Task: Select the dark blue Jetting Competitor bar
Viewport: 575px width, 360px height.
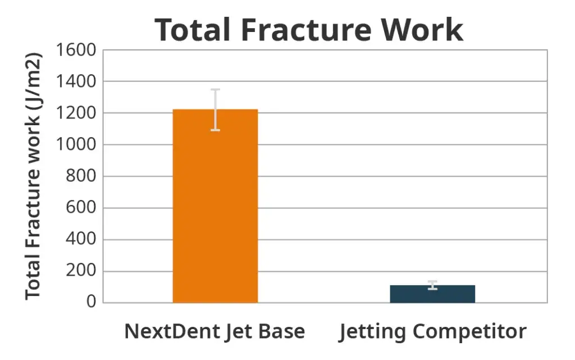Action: [x=432, y=294]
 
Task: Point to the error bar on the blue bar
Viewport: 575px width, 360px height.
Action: [x=432, y=285]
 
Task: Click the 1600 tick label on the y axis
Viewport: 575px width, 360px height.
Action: [x=76, y=51]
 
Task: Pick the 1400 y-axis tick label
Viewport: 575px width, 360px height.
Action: [x=76, y=82]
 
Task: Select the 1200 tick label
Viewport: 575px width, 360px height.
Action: [x=76, y=113]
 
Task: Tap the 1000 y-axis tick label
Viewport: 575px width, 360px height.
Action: [x=76, y=145]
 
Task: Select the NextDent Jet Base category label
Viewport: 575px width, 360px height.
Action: [x=215, y=331]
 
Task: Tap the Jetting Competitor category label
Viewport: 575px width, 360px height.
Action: [x=432, y=331]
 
